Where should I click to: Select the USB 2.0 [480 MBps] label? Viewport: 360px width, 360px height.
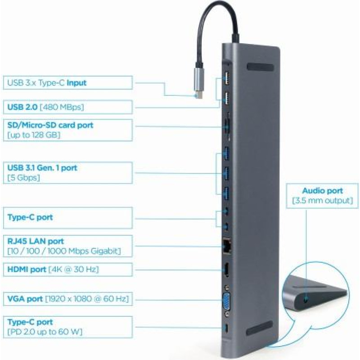point(45,107)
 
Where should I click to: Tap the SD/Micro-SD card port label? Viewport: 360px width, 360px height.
point(50,124)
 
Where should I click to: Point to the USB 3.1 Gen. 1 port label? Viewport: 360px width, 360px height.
point(42,168)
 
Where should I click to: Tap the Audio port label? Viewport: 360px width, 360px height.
point(322,190)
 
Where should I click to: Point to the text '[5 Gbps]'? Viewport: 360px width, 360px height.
point(24,178)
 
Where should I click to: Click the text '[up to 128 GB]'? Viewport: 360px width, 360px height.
point(34,135)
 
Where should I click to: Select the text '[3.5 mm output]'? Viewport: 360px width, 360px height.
point(322,200)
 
